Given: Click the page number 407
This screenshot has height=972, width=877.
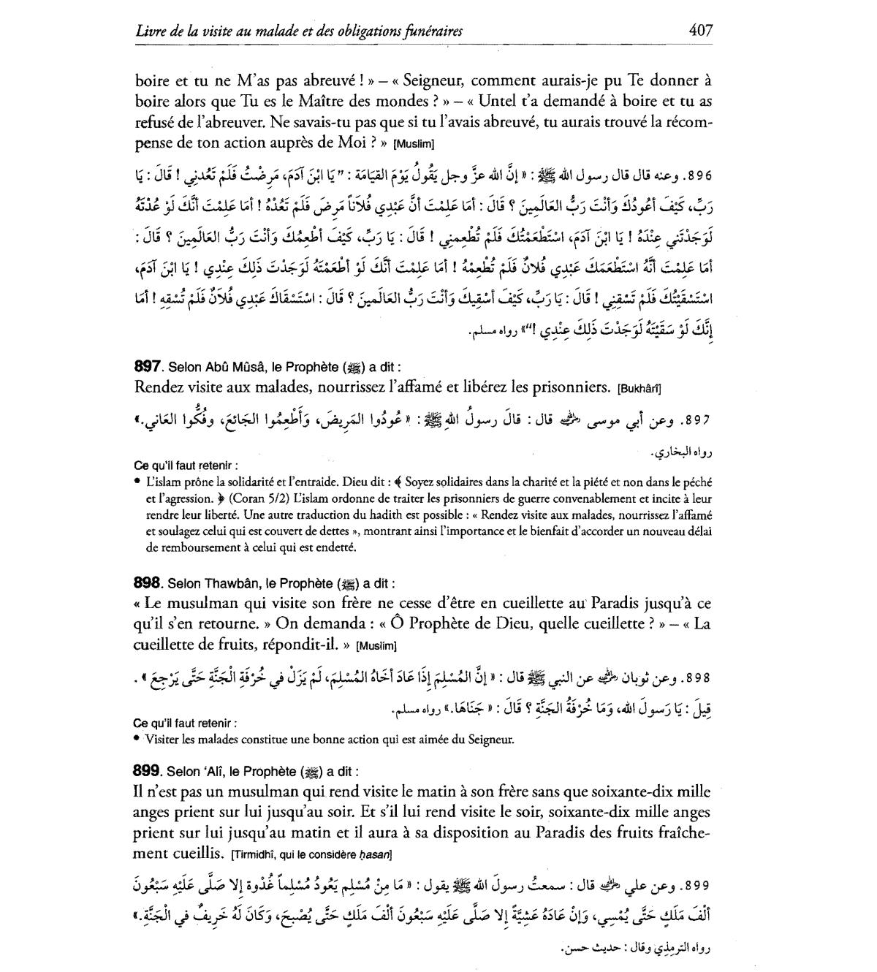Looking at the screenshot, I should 699,31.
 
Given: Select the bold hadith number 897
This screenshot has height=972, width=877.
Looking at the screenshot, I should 148,366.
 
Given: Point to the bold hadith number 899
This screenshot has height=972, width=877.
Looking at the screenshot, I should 148,771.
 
